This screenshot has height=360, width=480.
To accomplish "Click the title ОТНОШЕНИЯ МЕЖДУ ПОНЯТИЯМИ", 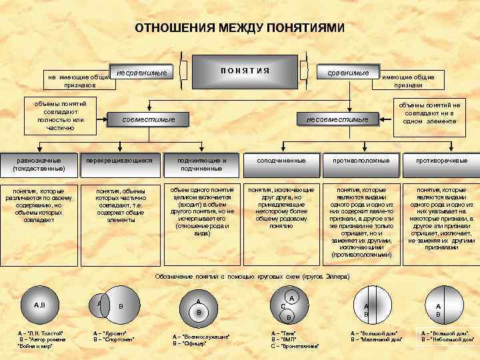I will (240, 28).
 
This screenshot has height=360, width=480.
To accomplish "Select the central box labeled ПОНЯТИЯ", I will (245, 71).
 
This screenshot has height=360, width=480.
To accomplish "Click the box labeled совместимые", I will (149, 119).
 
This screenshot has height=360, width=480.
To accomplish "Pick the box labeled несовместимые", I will (337, 119).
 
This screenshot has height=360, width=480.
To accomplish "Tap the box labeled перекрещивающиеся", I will (120, 161).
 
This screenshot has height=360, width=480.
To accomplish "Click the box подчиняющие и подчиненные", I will (203, 164).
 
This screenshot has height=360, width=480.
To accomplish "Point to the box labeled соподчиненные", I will (281, 161).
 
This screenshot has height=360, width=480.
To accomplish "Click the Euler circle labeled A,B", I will (40, 305).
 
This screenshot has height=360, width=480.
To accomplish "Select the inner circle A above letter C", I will (291, 298).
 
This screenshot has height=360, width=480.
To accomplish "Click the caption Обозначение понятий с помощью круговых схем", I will (251, 276).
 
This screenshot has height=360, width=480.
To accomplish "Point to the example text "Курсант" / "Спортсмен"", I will (114, 336).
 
